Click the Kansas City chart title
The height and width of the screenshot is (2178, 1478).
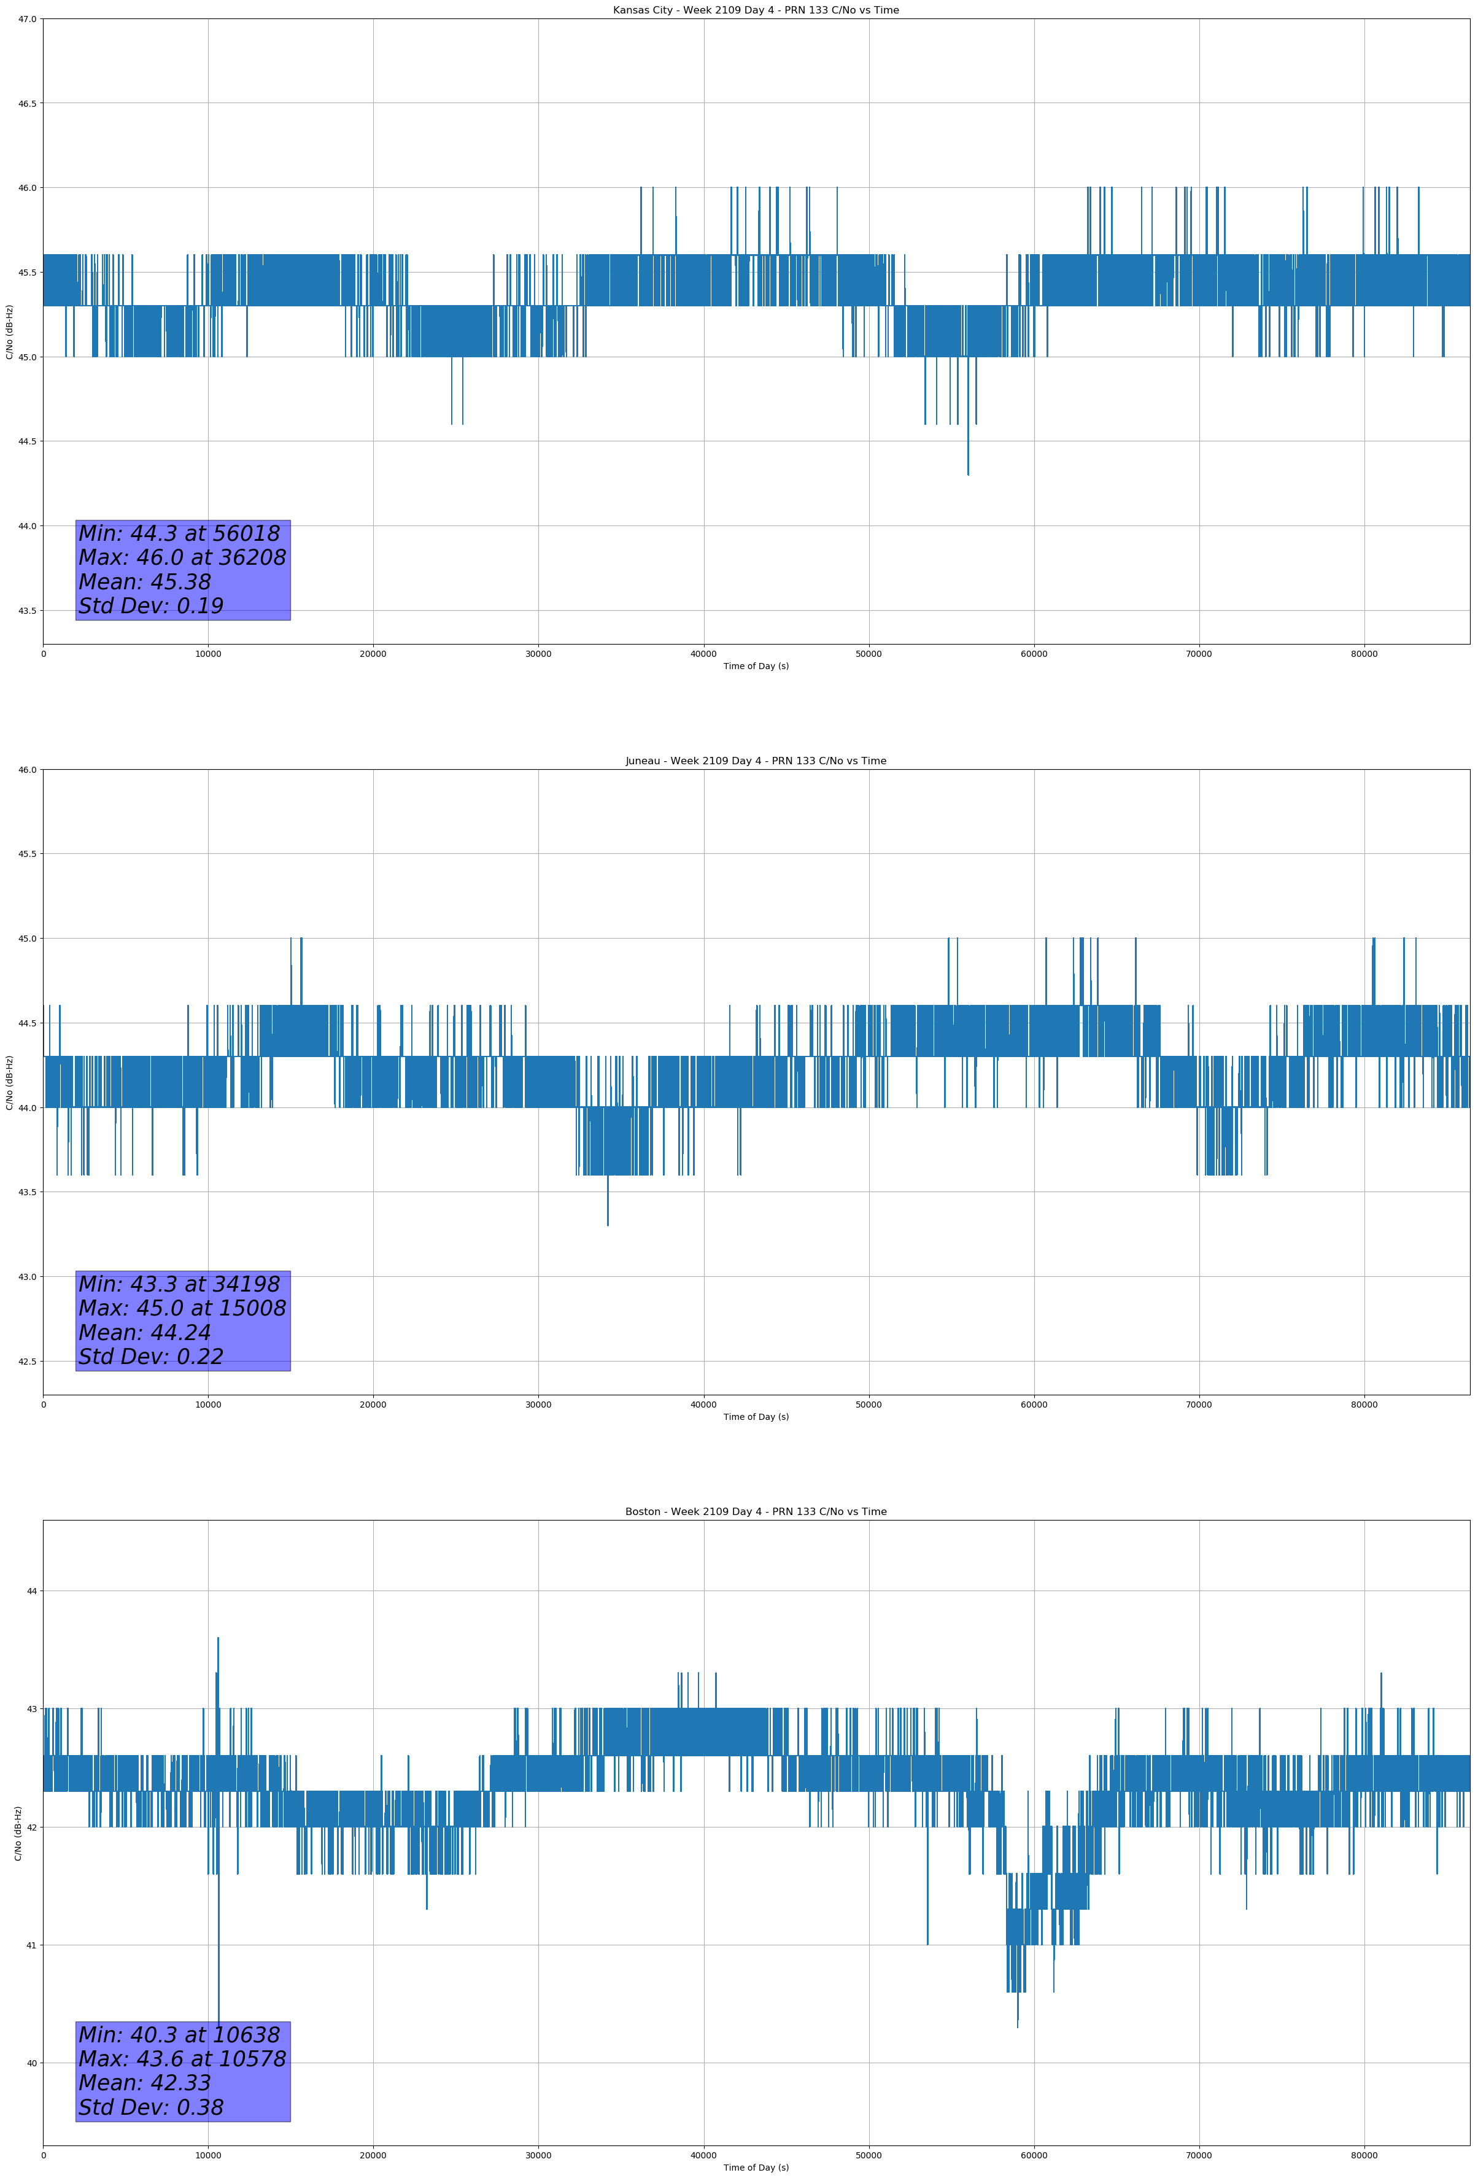tap(756, 10)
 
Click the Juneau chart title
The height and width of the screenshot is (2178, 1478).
tap(756, 761)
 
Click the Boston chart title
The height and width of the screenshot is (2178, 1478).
tap(756, 1512)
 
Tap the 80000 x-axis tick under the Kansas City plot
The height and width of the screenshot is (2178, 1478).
tap(1364, 654)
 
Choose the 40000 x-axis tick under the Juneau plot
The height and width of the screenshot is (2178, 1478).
tap(703, 1405)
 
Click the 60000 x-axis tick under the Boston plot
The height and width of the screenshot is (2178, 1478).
tap(1034, 2155)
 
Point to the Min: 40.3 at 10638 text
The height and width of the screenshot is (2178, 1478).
tap(179, 2034)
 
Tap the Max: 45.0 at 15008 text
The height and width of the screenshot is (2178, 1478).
tap(182, 1308)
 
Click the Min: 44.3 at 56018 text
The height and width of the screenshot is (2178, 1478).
tap(179, 533)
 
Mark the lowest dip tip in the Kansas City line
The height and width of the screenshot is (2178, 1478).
tap(968, 474)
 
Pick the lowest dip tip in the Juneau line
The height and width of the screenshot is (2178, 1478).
tap(607, 1224)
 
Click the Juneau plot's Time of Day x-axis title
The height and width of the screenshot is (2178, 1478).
tap(756, 1417)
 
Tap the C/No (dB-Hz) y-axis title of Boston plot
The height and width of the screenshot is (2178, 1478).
tap(18, 1833)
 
